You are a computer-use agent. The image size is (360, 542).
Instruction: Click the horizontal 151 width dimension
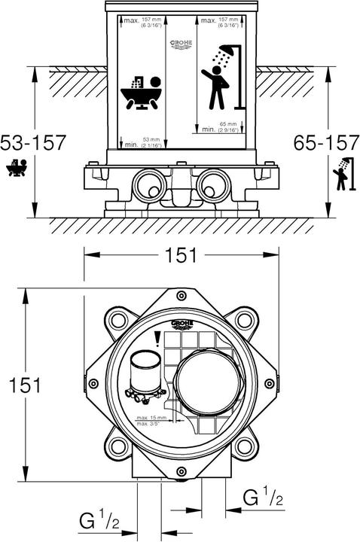tap(182, 255)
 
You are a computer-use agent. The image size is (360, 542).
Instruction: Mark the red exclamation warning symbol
tap(157, 340)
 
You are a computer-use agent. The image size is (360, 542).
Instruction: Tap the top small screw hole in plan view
tap(182, 295)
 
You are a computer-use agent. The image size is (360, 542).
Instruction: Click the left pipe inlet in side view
tap(146, 184)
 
